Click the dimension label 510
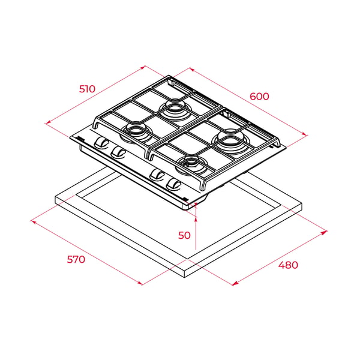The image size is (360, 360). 87,89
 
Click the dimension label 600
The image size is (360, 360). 259,96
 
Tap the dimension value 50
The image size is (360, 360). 184,235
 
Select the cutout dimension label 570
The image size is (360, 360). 76,259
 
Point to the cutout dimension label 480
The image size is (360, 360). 288,265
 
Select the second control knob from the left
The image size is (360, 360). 118,152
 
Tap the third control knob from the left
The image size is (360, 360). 157,175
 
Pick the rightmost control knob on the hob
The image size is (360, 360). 174,185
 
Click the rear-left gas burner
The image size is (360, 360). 176,109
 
